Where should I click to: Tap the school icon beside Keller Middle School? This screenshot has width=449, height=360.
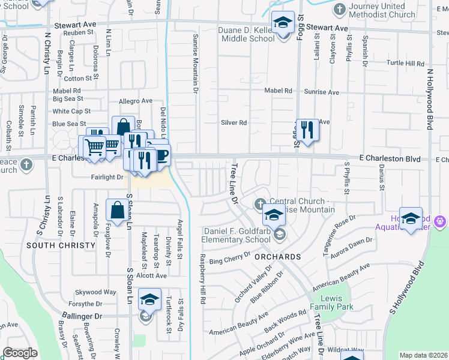click(x=281, y=25)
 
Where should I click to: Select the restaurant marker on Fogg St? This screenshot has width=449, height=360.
click(x=307, y=130)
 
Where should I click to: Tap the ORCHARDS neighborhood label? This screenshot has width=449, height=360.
click(x=276, y=257)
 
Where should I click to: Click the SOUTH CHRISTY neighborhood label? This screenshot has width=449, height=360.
click(x=61, y=245)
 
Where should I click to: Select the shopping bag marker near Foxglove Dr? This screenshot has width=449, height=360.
click(x=116, y=211)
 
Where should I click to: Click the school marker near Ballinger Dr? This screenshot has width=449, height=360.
click(x=150, y=301)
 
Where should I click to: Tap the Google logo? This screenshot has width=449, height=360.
click(x=20, y=353)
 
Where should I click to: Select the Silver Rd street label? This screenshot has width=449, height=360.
click(x=234, y=122)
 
